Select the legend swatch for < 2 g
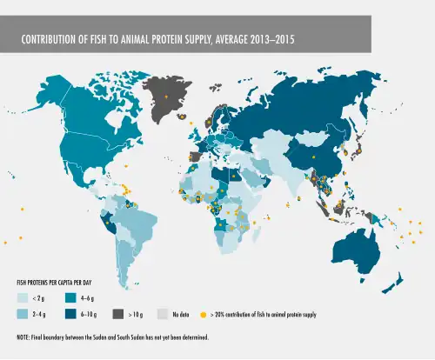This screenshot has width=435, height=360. pos(23,297)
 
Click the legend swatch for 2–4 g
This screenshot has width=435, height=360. pos(23,314)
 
